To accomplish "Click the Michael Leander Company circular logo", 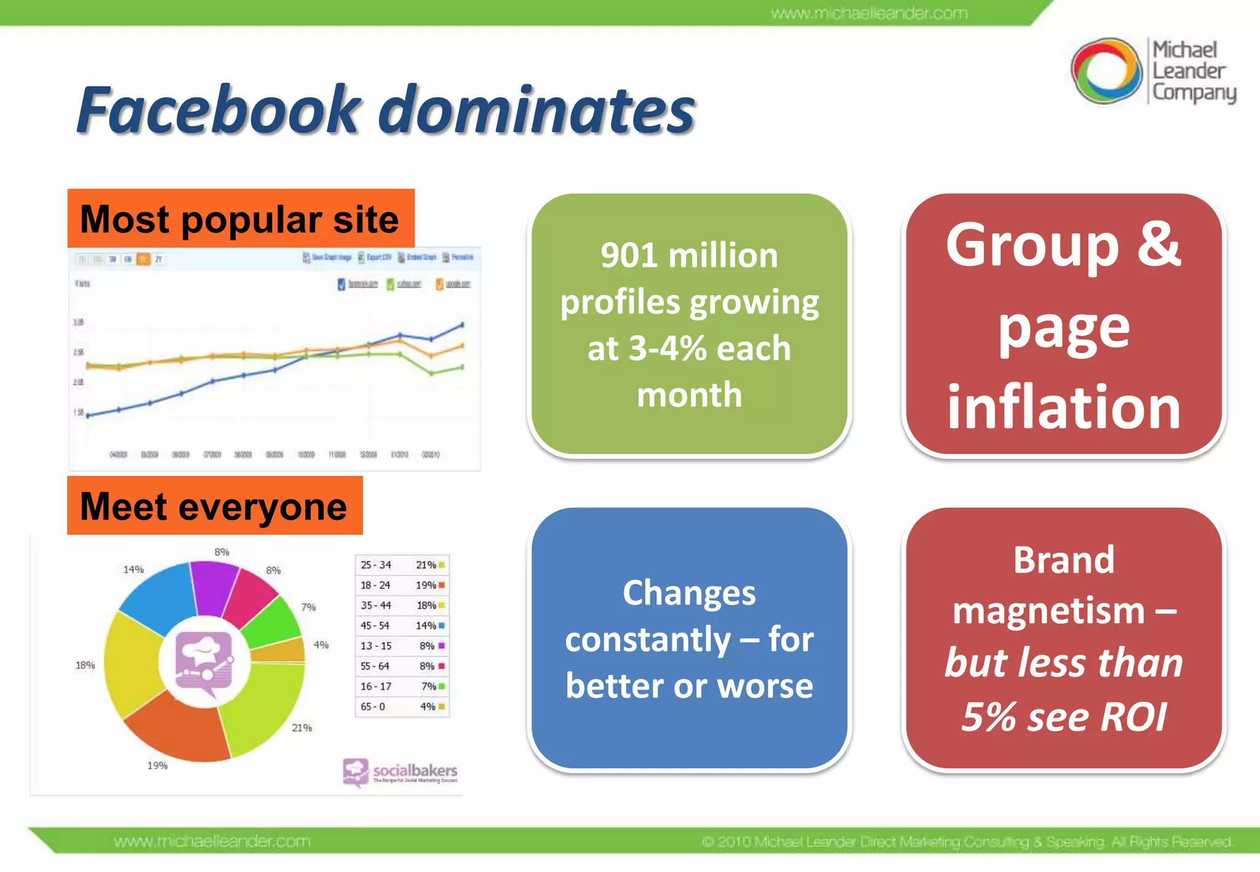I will (1106, 71).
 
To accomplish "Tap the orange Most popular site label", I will (240, 219).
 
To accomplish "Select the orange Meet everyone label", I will (214, 506).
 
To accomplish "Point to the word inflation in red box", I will (1063, 407).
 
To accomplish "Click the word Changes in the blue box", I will (688, 593).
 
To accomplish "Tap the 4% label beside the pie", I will (321, 645).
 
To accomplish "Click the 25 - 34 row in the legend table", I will (376, 565).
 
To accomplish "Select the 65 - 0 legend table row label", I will (373, 707).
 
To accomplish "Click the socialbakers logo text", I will (415, 770).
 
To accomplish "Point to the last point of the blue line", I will (463, 324).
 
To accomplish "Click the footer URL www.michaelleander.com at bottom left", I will (212, 841).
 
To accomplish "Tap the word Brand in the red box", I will (1063, 560).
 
